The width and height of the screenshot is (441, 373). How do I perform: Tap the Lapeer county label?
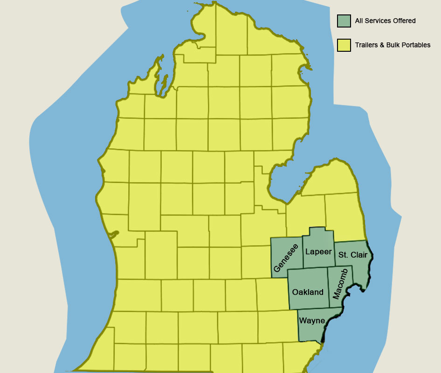coord(318,252)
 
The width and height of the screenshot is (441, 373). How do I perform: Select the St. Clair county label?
coord(353,255)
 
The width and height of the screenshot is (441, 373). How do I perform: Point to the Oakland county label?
coord(308,292)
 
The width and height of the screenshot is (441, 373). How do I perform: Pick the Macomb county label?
coord(340,284)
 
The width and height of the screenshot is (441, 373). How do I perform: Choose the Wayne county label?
coord(312,321)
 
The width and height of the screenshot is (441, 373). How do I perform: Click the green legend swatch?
coord(344,21)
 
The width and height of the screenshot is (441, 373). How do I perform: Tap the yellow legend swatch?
coord(344,45)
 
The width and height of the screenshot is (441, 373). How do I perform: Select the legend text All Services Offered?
coord(385,21)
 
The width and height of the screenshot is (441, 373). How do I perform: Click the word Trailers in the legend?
coord(365,45)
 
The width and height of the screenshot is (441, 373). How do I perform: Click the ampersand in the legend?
coord(382,45)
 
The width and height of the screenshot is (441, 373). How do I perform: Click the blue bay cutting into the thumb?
coord(282,184)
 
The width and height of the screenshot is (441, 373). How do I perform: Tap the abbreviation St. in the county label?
coord(343,255)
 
